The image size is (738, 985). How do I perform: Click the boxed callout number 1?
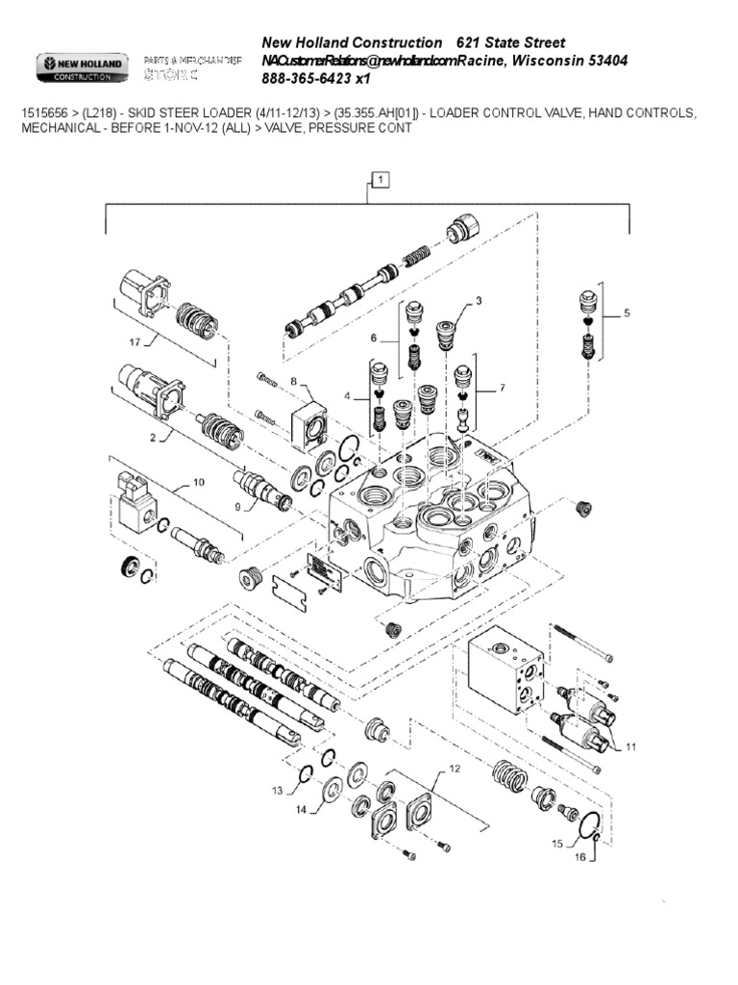pyautogui.click(x=381, y=179)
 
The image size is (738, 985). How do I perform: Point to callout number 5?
pyautogui.click(x=627, y=313)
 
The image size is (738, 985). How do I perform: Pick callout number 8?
pyautogui.click(x=294, y=381)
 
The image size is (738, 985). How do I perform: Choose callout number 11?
pyautogui.click(x=631, y=745)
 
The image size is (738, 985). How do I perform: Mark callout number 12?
pyautogui.click(x=455, y=769)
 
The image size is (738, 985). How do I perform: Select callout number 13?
pyautogui.click(x=278, y=791)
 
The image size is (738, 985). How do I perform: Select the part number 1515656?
pyautogui.click(x=44, y=114)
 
